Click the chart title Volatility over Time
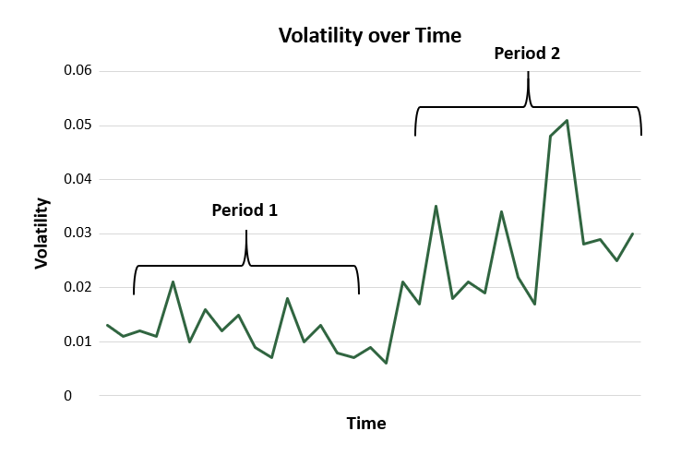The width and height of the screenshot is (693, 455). (370, 36)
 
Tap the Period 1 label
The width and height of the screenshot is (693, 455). (245, 210)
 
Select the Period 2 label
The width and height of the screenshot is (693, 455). (527, 54)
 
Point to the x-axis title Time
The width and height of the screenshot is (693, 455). (366, 424)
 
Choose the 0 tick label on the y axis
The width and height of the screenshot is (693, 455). (68, 396)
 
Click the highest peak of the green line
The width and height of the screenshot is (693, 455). (567, 120)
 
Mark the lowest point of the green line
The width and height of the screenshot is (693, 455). (387, 364)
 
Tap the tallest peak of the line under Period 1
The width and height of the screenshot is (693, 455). (173, 281)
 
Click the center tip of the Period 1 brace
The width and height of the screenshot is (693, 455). (246, 231)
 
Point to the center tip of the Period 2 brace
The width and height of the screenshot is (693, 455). (528, 73)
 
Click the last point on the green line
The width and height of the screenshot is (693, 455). (633, 233)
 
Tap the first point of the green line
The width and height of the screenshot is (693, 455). (107, 325)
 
